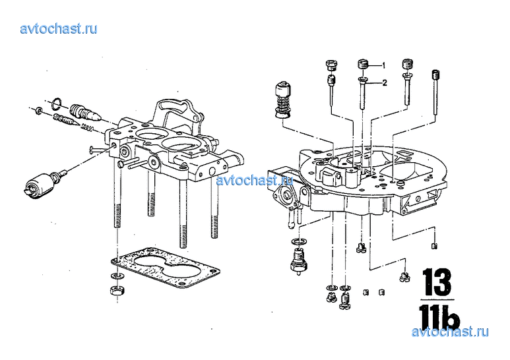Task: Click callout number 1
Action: [x=384, y=66]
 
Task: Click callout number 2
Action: [x=385, y=83]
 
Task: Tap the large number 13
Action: [x=437, y=282]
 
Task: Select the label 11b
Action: [x=439, y=316]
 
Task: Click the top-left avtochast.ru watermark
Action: [x=59, y=29]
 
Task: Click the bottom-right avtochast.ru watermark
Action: [x=450, y=332]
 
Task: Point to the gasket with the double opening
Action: [x=165, y=267]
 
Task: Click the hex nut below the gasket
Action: [x=116, y=289]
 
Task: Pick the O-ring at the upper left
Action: [x=57, y=103]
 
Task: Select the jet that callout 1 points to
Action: [x=363, y=64]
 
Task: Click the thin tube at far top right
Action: [x=435, y=92]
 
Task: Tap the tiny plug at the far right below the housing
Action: [x=434, y=246]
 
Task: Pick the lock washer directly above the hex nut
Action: [x=116, y=276]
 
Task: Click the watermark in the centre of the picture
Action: [x=255, y=180]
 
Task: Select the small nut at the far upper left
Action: [x=38, y=111]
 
